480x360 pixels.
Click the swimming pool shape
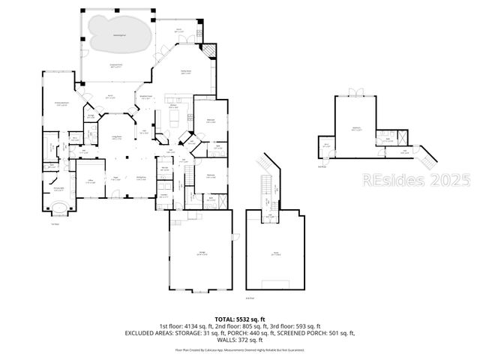click(117, 32)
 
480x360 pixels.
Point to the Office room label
click(89, 181)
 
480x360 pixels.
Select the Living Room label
click(117, 136)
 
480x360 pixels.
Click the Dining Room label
click(141, 178)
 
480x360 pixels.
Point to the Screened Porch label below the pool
click(117, 67)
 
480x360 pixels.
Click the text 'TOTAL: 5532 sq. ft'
click(239, 319)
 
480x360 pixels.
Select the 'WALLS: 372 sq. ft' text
click(239, 339)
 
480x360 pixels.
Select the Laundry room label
click(163, 196)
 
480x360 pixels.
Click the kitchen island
click(175, 118)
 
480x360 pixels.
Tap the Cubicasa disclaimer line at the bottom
click(239, 349)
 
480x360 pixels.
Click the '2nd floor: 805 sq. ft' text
click(239, 325)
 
